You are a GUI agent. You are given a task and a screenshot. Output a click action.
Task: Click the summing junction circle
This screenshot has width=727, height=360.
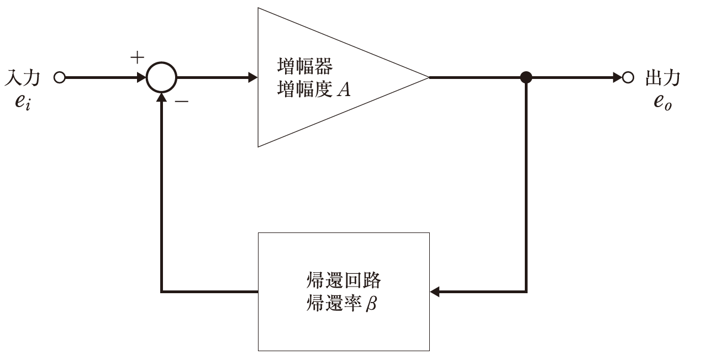[161, 77]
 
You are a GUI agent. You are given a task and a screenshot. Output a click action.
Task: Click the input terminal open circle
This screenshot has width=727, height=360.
[60, 77]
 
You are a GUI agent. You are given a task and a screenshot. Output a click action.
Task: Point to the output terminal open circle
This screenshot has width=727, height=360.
[626, 77]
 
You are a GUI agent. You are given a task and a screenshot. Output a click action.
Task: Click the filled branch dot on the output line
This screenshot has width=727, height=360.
[526, 77]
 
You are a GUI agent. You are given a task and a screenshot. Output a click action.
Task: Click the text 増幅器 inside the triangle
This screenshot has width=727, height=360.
[304, 67]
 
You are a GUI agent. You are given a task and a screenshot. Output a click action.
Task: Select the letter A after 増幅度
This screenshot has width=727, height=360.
[344, 89]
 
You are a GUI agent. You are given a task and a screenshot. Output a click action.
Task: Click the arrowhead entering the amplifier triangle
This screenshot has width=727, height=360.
[252, 77]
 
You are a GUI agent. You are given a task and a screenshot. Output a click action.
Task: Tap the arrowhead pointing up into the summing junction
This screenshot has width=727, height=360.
[161, 98]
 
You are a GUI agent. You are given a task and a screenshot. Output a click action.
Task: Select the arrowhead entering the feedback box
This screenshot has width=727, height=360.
[435, 291]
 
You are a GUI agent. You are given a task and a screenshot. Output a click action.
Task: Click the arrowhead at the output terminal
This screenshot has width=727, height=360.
[617, 77]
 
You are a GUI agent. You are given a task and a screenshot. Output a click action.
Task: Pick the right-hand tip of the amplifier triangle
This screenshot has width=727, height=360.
[428, 77]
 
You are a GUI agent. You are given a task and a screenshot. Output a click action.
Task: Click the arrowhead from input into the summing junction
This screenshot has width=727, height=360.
[141, 77]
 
